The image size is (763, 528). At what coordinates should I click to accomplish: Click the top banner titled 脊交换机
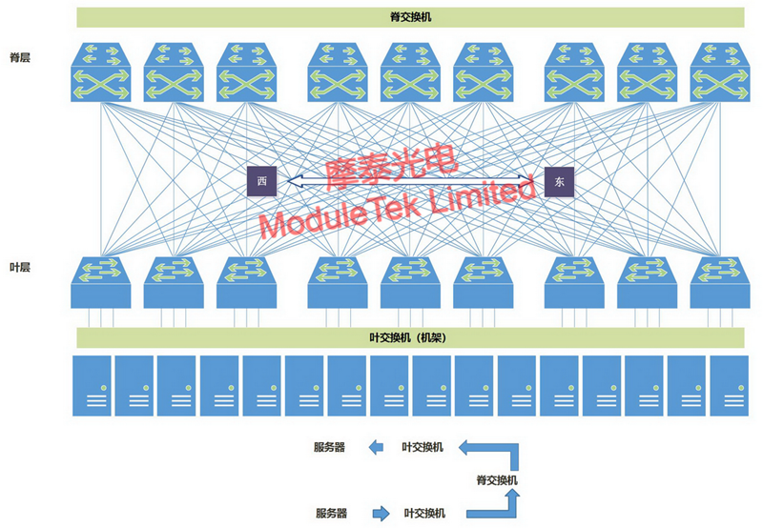(409, 17)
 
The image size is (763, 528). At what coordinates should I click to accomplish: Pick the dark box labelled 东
(560, 182)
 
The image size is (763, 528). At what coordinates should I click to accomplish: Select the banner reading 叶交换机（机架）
(409, 337)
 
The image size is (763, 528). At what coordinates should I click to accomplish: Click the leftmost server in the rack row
(92, 385)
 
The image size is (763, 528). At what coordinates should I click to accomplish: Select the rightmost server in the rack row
(730, 385)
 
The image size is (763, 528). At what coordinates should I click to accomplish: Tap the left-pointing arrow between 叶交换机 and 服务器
(379, 446)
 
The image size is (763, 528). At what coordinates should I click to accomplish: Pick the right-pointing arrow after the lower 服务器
(381, 514)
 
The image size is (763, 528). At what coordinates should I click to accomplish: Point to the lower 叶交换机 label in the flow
(424, 514)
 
